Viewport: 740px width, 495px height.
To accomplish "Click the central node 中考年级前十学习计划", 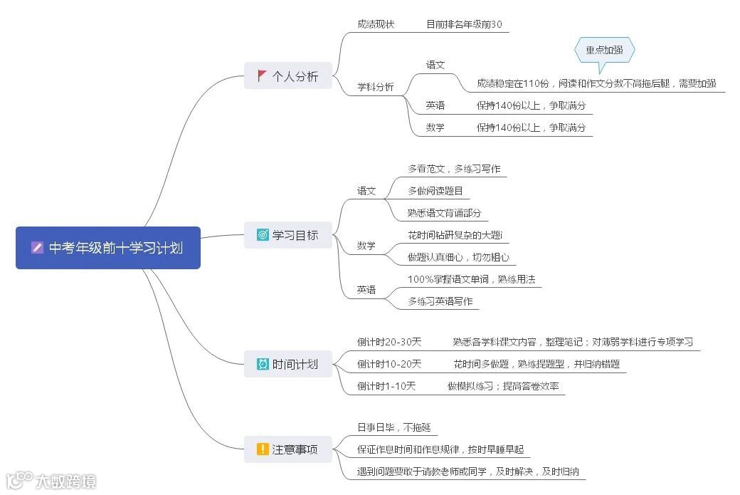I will click(x=108, y=248).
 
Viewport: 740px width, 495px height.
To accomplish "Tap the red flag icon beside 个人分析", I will click(x=263, y=75).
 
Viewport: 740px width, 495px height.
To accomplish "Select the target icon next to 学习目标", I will click(x=263, y=234).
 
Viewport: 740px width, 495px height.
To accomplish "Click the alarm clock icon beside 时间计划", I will click(x=263, y=364).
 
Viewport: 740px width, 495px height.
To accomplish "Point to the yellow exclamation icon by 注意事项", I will click(x=263, y=449).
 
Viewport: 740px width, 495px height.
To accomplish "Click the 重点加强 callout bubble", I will click(x=604, y=51).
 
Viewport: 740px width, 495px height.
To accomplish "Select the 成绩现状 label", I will click(x=376, y=24).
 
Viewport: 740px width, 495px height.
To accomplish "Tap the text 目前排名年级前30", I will click(x=464, y=24).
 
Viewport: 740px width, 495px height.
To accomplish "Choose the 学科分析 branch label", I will click(x=376, y=88).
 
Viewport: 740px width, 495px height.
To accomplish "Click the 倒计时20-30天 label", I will click(x=389, y=342).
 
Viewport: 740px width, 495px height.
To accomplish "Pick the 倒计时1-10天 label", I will click(x=386, y=386).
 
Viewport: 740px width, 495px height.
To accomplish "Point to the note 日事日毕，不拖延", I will click(x=394, y=427).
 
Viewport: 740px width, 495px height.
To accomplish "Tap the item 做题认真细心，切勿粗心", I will click(x=458, y=257).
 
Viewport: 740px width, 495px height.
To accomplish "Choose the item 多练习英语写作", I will click(x=440, y=301).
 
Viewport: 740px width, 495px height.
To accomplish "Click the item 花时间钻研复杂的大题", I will click(x=455, y=235).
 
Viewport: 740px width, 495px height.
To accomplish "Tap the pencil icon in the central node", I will click(x=38, y=248).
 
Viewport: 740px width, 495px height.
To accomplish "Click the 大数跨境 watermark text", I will click(x=65, y=481).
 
